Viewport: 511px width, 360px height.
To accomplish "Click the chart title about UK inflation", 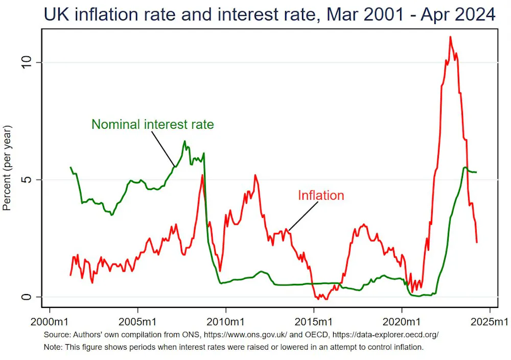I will coord(269,14).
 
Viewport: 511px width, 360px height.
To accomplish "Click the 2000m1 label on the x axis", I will coord(50,322).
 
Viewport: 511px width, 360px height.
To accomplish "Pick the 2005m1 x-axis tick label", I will coord(137,322).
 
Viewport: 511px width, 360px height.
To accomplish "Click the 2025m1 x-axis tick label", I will coord(490,322).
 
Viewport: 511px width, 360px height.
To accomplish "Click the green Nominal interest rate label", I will coord(152,124).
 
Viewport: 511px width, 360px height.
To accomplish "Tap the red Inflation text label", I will coord(321,195).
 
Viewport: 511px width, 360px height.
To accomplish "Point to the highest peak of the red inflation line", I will coord(450,37).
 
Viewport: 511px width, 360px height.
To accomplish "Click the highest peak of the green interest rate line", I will coord(185,141).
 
